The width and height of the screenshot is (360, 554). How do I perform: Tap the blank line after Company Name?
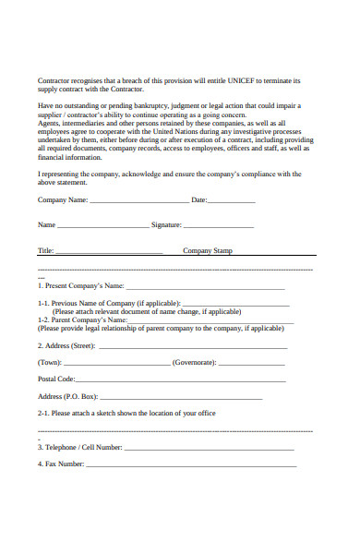(x=138, y=200)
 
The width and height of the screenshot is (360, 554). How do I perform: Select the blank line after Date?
(x=232, y=200)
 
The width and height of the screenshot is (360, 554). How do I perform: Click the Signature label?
(x=165, y=224)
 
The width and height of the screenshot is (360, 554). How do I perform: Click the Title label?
(x=46, y=250)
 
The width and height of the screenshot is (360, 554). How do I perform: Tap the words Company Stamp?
(x=208, y=250)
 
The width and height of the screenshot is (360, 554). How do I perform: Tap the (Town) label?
(x=50, y=363)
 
